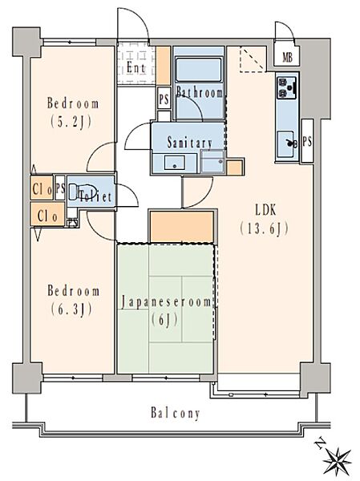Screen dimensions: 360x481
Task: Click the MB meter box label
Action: [x=287, y=57]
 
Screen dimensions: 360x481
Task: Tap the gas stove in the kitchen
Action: [x=287, y=87]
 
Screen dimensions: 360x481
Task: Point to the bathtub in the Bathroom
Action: [x=199, y=71]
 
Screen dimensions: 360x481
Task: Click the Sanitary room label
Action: [x=190, y=143]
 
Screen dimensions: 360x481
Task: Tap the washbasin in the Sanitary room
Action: [x=174, y=163]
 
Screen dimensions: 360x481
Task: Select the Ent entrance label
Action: [x=136, y=67]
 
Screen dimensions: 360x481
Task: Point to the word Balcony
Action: [x=176, y=413]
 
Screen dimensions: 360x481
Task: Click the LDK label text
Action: [x=265, y=210]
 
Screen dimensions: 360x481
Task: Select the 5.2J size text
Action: [x=71, y=122]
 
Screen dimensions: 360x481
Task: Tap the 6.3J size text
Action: [x=71, y=309]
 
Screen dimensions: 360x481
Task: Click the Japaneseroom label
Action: [x=166, y=302]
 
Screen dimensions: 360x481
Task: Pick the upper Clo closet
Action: [x=42, y=188]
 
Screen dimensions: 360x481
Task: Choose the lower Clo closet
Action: [x=47, y=214]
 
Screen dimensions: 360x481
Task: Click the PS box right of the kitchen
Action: [x=307, y=141]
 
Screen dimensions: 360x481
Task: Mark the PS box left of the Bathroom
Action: [x=164, y=99]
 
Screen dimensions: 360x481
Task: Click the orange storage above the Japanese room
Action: [x=182, y=226]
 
